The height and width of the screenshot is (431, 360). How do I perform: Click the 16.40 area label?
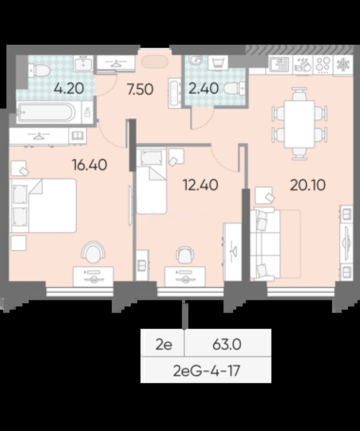(89, 165)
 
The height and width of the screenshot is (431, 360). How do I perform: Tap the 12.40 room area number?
(200, 185)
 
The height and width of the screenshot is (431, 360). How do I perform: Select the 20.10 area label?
(308, 185)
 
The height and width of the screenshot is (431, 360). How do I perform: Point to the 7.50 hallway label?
(140, 89)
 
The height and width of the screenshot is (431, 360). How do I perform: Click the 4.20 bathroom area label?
(69, 89)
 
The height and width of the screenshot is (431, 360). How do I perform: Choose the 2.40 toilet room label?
(204, 89)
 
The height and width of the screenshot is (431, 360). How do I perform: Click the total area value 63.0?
(227, 344)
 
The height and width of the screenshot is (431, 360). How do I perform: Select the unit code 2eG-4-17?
(207, 370)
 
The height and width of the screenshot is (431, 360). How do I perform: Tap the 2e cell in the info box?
(164, 344)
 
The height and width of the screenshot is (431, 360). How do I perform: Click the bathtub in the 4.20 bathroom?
(45, 113)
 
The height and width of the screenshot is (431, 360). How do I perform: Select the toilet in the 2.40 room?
(234, 89)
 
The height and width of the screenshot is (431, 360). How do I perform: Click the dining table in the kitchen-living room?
(299, 124)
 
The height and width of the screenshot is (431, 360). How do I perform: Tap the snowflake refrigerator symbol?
(343, 65)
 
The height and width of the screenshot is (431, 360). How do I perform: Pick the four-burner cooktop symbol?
(323, 65)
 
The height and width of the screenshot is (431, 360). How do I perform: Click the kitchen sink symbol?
(279, 65)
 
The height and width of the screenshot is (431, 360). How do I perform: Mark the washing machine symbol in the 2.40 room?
(218, 63)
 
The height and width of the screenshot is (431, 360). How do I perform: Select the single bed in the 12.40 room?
(151, 181)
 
